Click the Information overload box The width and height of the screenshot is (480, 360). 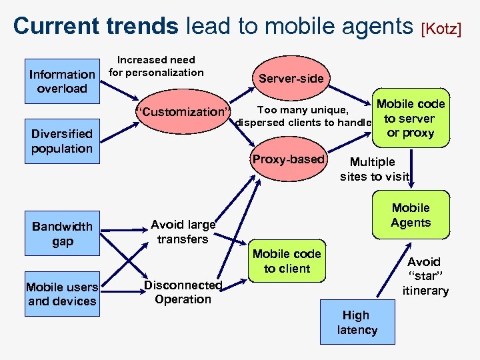62,81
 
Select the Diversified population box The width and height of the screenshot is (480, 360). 62,141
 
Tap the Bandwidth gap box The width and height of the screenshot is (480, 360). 62,234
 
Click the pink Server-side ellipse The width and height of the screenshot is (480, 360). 291,79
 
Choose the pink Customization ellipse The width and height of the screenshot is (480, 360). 183,111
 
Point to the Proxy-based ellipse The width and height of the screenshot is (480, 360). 288,159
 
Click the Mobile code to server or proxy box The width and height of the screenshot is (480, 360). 410,119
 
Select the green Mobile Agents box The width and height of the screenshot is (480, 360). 411,215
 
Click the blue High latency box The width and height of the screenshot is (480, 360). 357,323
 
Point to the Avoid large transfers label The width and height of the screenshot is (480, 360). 183,232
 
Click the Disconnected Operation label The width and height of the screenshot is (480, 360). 183,292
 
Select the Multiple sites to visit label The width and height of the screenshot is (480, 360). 373,169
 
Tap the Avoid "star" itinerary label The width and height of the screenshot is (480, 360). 425,276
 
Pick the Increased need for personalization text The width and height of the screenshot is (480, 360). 156,66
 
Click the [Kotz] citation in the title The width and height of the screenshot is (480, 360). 441,29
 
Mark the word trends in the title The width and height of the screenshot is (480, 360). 141,26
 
